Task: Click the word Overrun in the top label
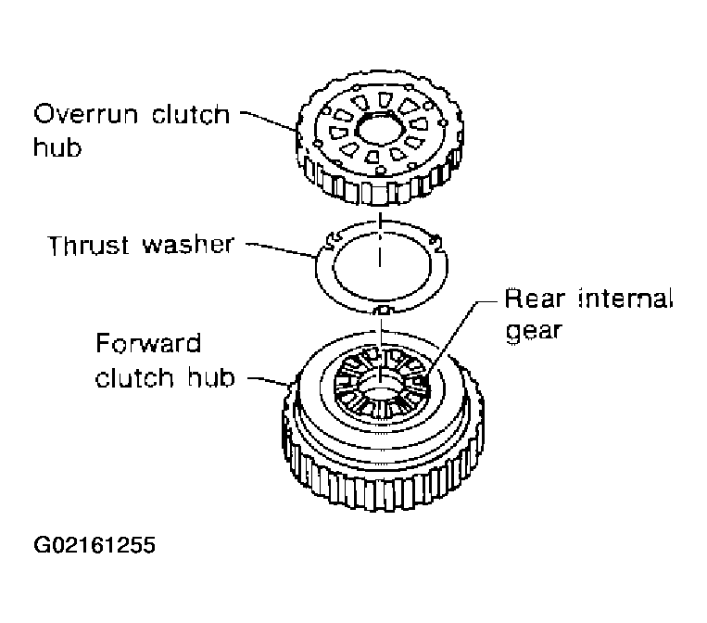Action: pyautogui.click(x=85, y=114)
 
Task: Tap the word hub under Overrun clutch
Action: pyautogui.click(x=57, y=146)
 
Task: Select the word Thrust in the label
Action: pyautogui.click(x=88, y=245)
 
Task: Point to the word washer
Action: pyautogui.click(x=188, y=245)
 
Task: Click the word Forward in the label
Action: pyautogui.click(x=148, y=343)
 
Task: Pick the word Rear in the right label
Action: pyautogui.click(x=535, y=299)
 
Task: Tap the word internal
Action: pyautogui.click(x=625, y=299)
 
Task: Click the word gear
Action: pyautogui.click(x=534, y=332)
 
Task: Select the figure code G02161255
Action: pyautogui.click(x=95, y=544)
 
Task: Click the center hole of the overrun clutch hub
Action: pyautogui.click(x=379, y=130)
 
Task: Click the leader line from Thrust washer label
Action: pyautogui.click(x=280, y=249)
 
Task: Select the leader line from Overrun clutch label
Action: pyautogui.click(x=269, y=121)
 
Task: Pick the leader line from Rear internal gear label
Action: pyautogui.click(x=454, y=337)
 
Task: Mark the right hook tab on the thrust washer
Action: pyautogui.click(x=436, y=242)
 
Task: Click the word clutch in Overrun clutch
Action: pyautogui.click(x=190, y=114)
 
